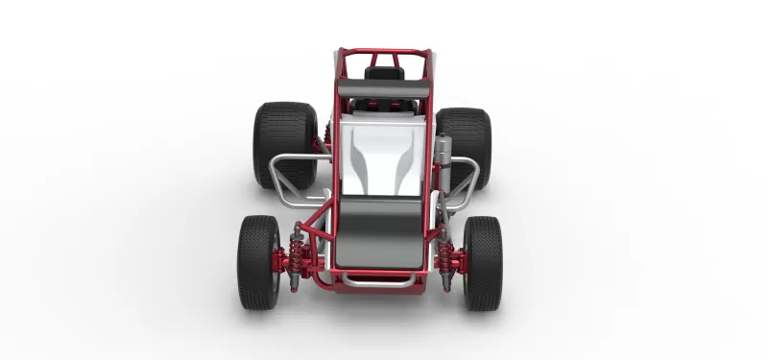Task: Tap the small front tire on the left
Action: point(258,261)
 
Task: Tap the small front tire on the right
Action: point(483,262)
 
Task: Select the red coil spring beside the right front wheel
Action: point(444,257)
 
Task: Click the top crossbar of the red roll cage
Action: point(383,51)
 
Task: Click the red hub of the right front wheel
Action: point(460,260)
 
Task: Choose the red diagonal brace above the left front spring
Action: point(312,230)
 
